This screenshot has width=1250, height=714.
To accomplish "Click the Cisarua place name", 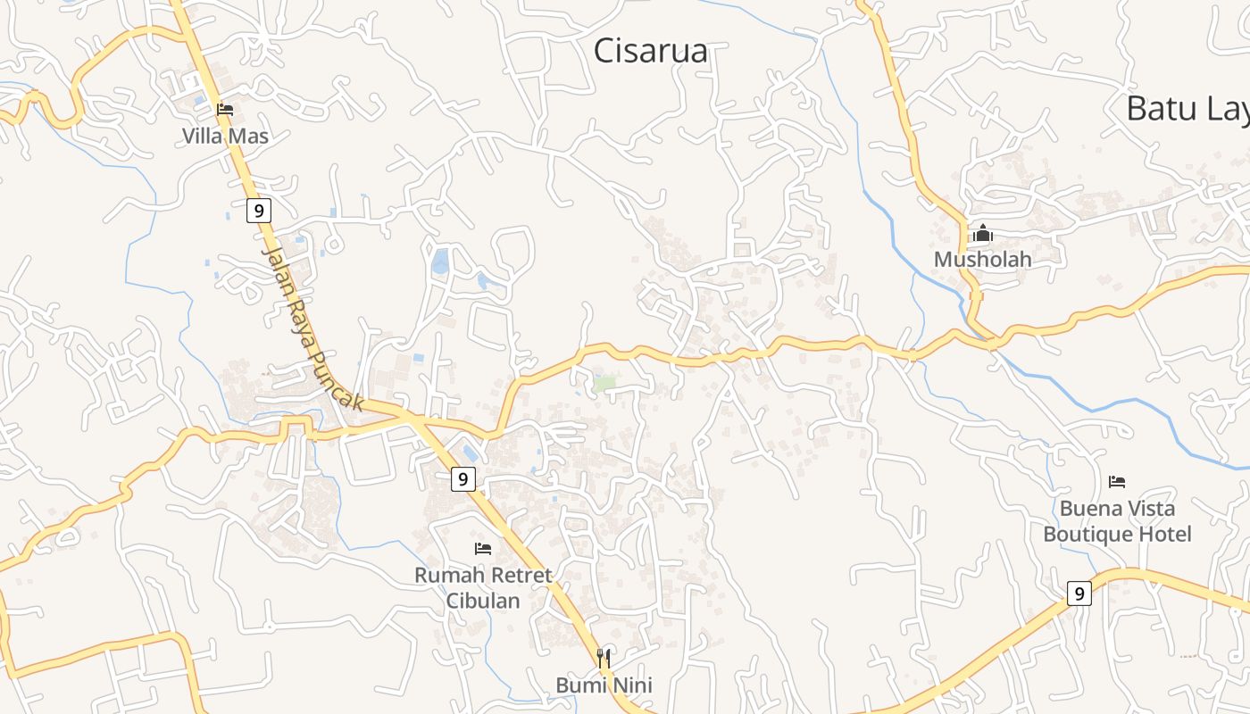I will [651, 51].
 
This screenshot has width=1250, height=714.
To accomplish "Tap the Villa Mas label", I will [225, 137].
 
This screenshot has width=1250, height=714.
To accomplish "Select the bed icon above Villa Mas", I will [225, 110].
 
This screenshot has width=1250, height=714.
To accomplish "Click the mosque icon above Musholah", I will [982, 234].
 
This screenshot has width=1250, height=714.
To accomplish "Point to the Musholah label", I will [982, 260].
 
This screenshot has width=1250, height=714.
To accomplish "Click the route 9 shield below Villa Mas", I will [259, 211].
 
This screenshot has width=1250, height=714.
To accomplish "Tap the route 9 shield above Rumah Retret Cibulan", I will [462, 479].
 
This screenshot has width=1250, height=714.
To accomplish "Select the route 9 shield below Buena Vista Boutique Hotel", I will [1079, 593].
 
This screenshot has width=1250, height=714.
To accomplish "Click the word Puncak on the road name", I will [336, 378].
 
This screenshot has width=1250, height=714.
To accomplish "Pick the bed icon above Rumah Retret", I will [483, 549].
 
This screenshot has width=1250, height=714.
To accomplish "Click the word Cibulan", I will [483, 601].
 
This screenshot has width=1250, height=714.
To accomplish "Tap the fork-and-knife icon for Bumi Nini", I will [604, 659].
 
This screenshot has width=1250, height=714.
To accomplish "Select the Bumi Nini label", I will [604, 685].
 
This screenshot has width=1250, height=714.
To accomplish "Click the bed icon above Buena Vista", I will [1117, 482].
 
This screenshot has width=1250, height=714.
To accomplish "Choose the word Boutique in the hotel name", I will [1085, 535].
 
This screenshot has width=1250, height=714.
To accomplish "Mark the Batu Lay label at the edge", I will [1187, 109].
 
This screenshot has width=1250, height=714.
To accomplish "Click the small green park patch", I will [605, 383].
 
